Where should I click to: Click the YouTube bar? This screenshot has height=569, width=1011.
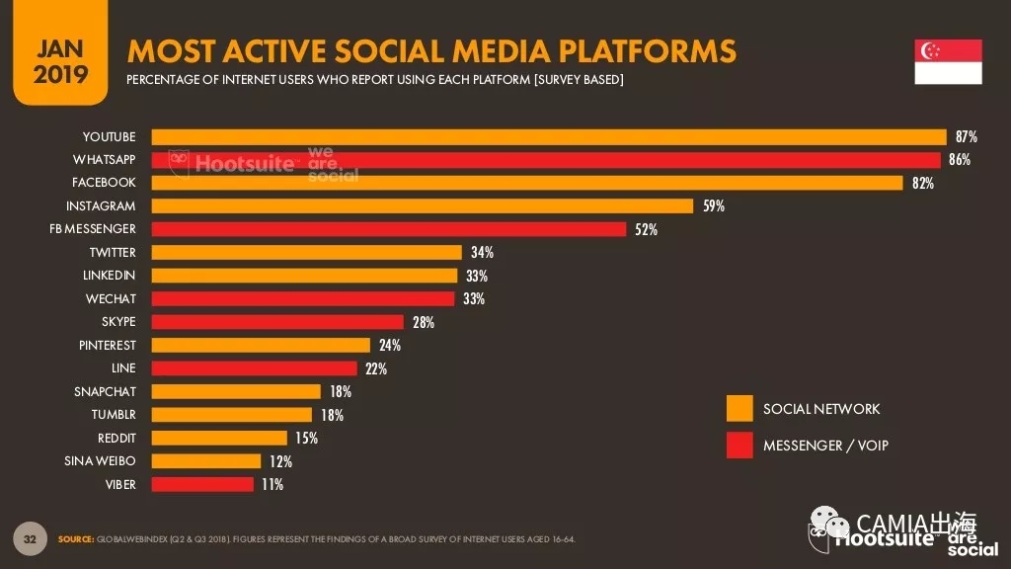click(x=549, y=136)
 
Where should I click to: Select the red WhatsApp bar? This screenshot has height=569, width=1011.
click(x=546, y=160)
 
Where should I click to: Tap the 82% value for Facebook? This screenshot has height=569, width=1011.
click(x=923, y=183)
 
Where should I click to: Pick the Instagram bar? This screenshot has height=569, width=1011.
click(x=423, y=206)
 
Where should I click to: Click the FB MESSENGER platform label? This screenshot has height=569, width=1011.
click(x=93, y=229)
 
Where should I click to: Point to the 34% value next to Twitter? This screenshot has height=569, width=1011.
click(x=482, y=253)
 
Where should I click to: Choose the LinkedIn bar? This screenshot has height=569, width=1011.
click(x=305, y=276)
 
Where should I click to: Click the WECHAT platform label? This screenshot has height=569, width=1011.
click(x=111, y=299)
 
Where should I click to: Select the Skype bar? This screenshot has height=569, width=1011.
click(x=277, y=322)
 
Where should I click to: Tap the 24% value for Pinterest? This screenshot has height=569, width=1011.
click(x=389, y=346)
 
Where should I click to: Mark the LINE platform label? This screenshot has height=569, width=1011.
click(x=123, y=368)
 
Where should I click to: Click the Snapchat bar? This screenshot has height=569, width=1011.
click(x=237, y=392)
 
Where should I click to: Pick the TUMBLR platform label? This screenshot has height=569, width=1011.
click(x=114, y=415)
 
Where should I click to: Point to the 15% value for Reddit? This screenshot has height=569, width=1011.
click(x=306, y=439)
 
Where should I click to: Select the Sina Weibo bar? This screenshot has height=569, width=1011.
click(x=206, y=461)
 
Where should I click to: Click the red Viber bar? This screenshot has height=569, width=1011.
click(x=202, y=485)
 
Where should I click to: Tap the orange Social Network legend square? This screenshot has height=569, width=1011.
click(x=739, y=409)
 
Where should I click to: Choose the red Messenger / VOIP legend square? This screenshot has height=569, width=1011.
click(x=739, y=446)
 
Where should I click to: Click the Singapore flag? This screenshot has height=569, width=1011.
click(x=948, y=62)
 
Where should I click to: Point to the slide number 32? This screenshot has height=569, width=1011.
click(x=30, y=538)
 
